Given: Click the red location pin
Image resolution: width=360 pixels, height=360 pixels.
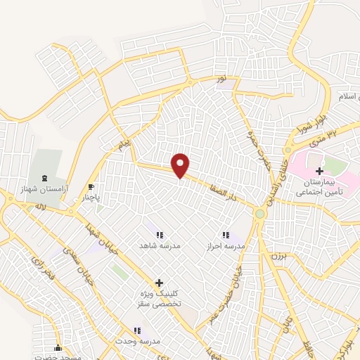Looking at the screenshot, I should (181, 165).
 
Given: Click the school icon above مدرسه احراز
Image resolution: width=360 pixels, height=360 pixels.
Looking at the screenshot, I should (225, 235).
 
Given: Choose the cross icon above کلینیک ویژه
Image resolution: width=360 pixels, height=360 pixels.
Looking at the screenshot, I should (159, 282).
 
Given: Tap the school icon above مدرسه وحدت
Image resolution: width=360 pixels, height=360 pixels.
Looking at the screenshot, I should (137, 330).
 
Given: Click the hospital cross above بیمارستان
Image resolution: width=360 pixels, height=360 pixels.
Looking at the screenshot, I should (319, 171).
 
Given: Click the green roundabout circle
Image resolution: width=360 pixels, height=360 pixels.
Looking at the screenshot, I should (260, 213).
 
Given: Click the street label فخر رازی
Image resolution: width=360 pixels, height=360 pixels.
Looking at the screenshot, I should (35, 266).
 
